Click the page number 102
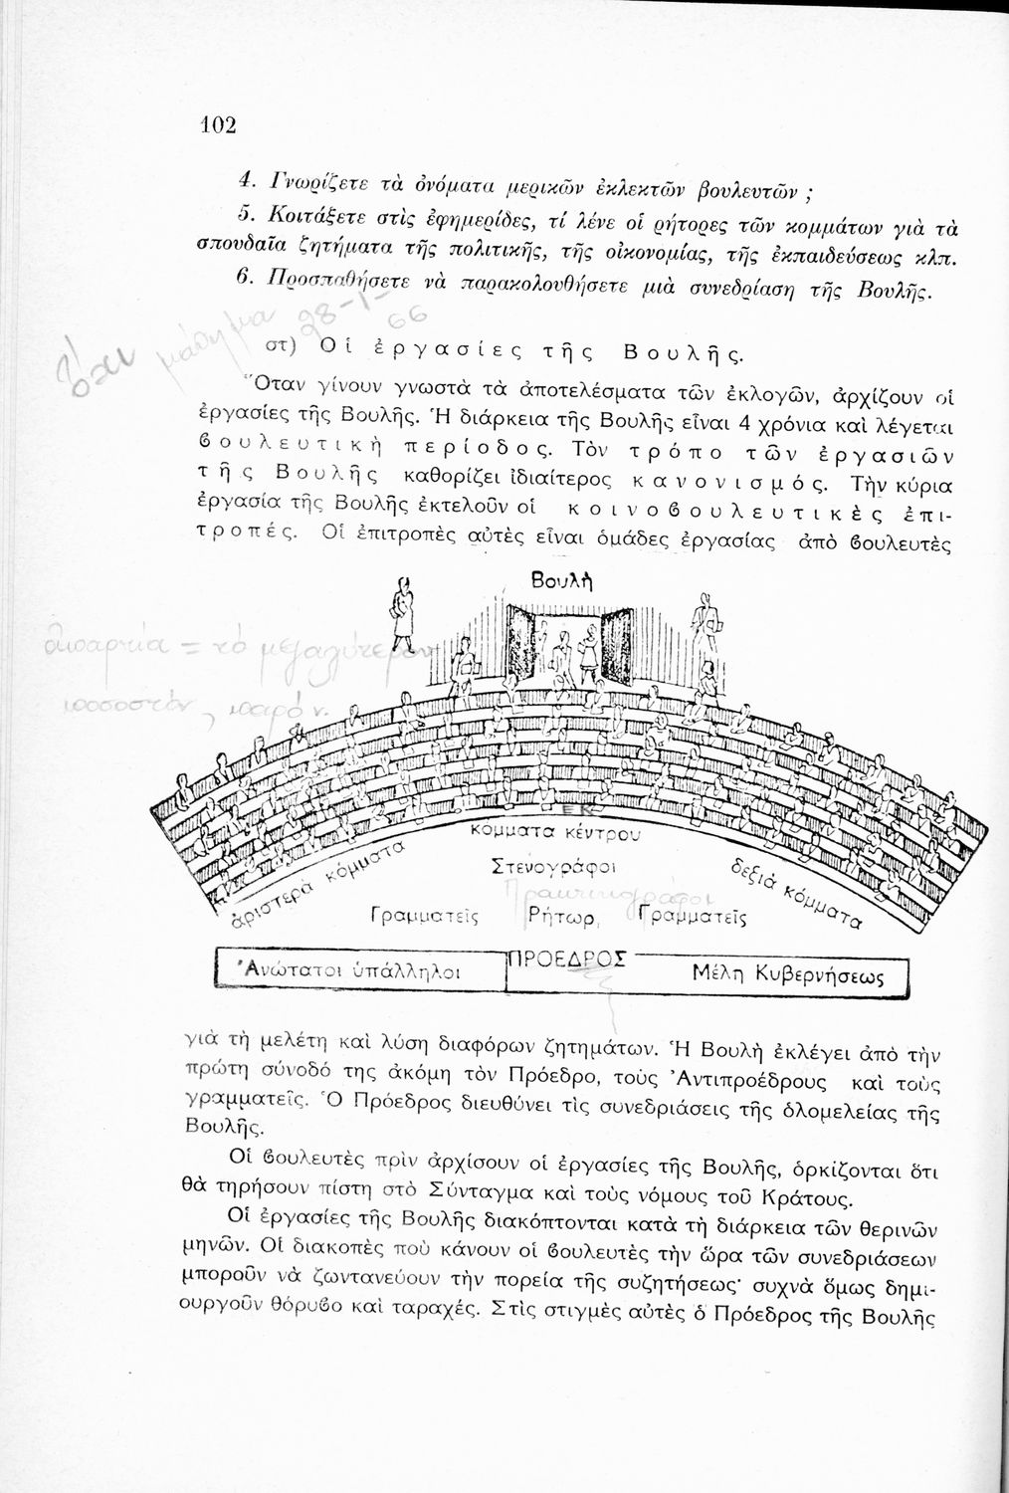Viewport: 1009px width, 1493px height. (217, 124)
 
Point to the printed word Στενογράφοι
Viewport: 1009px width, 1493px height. (555, 866)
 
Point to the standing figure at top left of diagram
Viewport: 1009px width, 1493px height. (403, 608)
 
